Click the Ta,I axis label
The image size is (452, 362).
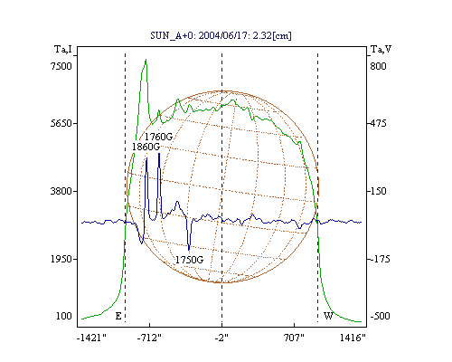tap(63, 49)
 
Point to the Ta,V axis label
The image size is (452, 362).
tap(381, 49)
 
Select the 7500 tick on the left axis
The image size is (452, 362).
tap(61, 66)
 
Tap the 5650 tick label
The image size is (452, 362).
tap(61, 123)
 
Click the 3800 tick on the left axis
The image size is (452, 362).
tap(61, 191)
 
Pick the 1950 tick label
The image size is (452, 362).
tap(61, 259)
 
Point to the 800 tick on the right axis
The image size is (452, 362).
tap(378, 66)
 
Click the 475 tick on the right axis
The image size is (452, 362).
tap(378, 123)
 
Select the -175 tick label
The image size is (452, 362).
tap(380, 259)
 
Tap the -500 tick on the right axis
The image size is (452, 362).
tap(380, 316)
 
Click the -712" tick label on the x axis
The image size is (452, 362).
tap(149, 338)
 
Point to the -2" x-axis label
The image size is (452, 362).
tap(221, 338)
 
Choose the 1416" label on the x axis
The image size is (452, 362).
tap(353, 338)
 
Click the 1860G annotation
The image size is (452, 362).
tap(146, 147)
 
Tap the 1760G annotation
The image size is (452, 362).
tap(158, 137)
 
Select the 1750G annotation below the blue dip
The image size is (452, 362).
tap(189, 260)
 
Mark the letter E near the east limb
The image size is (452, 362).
tap(118, 316)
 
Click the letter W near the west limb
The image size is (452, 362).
tap(328, 316)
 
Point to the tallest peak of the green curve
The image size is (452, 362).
tap(146, 60)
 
